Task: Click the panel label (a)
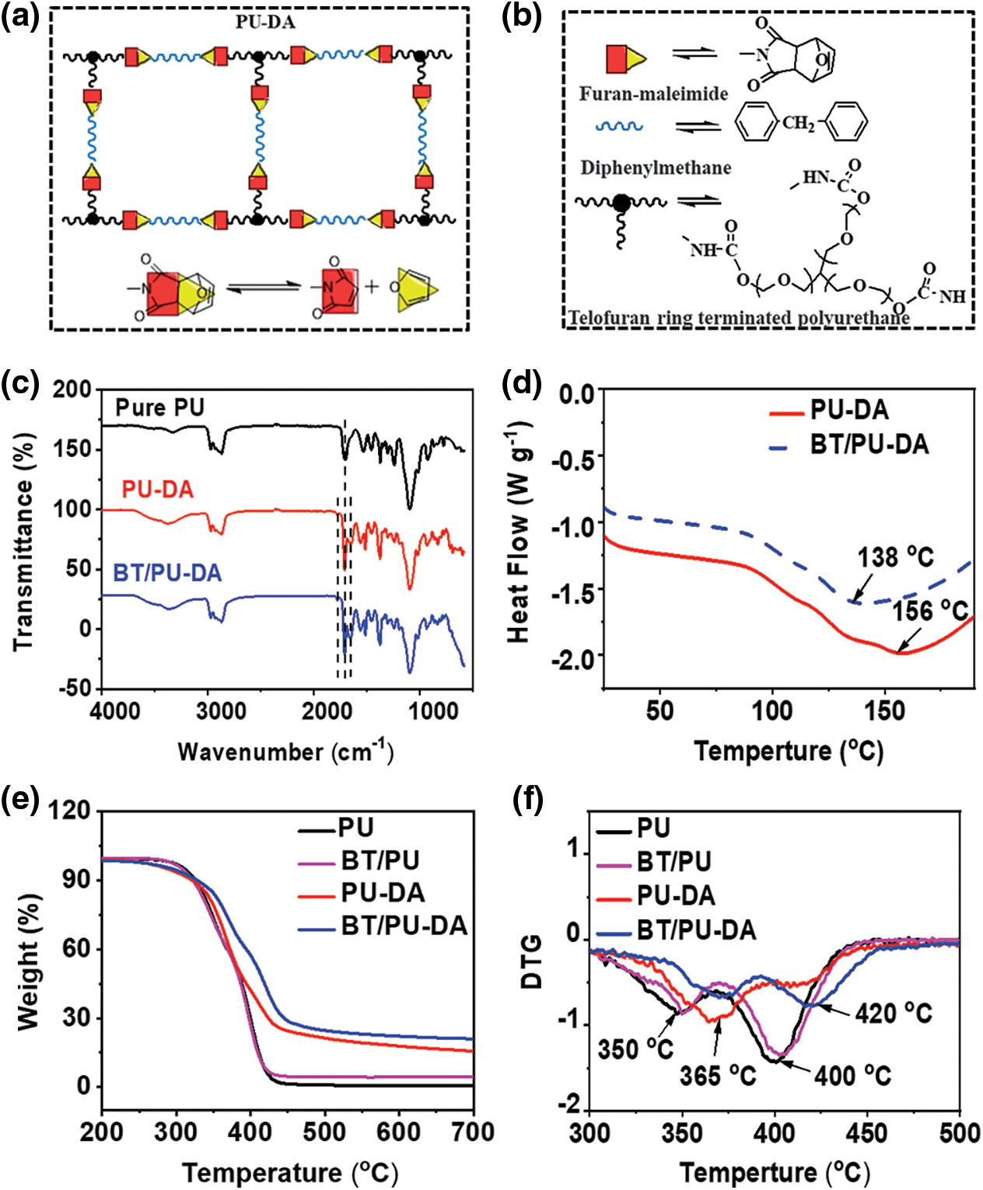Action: [20, 16]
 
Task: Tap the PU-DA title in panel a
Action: [265, 22]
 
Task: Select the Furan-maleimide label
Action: [653, 94]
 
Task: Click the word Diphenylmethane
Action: [656, 168]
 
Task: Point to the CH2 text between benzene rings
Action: [798, 123]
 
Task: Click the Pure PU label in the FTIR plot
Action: [159, 408]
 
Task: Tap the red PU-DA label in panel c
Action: [157, 490]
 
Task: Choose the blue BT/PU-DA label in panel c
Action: [167, 573]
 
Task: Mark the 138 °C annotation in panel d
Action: [895, 557]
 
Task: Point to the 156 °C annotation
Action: [930, 612]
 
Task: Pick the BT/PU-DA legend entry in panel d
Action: [869, 445]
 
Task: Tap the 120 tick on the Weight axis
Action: [69, 811]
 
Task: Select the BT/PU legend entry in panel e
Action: [380, 860]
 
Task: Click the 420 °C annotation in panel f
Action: [893, 1014]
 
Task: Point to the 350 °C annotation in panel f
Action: [635, 1049]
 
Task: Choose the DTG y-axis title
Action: [532, 961]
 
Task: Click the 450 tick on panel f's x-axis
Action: [866, 1132]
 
